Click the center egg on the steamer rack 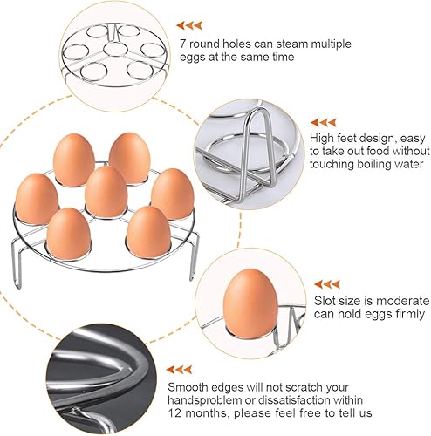[x=106, y=192]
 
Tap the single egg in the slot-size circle [x=250, y=303]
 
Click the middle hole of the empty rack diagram [x=116, y=49]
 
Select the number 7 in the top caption [x=182, y=44]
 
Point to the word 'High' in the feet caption [x=321, y=139]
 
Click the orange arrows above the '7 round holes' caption [x=189, y=25]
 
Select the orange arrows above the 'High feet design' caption [x=323, y=122]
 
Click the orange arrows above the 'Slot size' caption [x=327, y=284]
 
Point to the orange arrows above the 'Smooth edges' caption [x=180, y=370]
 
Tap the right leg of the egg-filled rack [x=194, y=255]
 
